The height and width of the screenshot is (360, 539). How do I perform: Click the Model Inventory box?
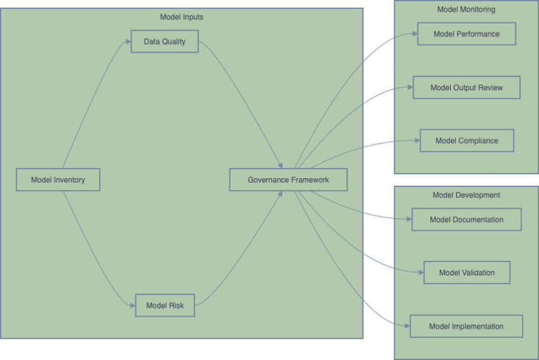[58, 180]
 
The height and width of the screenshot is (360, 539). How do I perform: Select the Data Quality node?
[165, 41]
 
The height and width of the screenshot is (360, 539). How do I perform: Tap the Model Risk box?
[165, 305]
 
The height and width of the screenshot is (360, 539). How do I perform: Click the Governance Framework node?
[288, 180]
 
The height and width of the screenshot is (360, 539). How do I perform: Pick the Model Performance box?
[466, 34]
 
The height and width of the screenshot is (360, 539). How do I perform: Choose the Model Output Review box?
[466, 88]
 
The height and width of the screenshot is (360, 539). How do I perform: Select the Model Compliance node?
[467, 141]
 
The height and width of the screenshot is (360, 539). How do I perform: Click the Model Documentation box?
[466, 219]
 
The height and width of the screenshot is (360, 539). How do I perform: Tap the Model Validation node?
[467, 273]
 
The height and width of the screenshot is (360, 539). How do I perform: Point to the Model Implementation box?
[466, 326]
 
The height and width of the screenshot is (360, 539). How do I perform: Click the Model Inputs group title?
[182, 17]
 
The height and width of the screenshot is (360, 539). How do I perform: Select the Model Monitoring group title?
[466, 10]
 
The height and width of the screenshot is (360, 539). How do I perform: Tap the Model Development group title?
[466, 195]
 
